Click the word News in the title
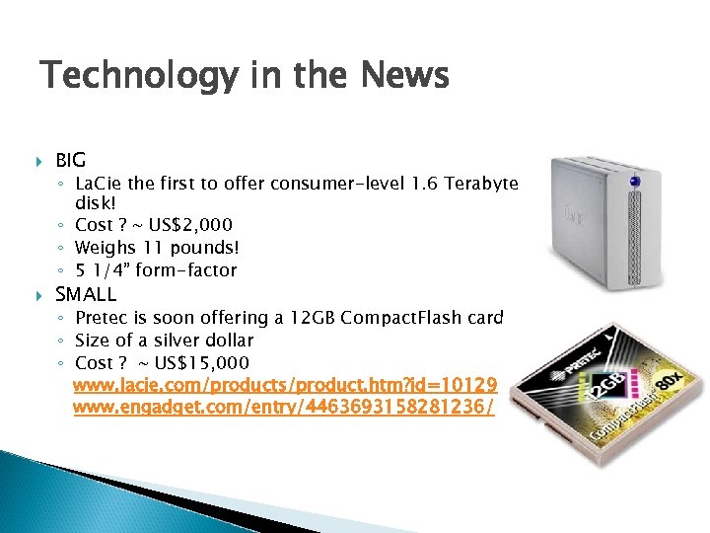tap(406, 76)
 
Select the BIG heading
tap(71, 159)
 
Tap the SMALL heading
tap(86, 294)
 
